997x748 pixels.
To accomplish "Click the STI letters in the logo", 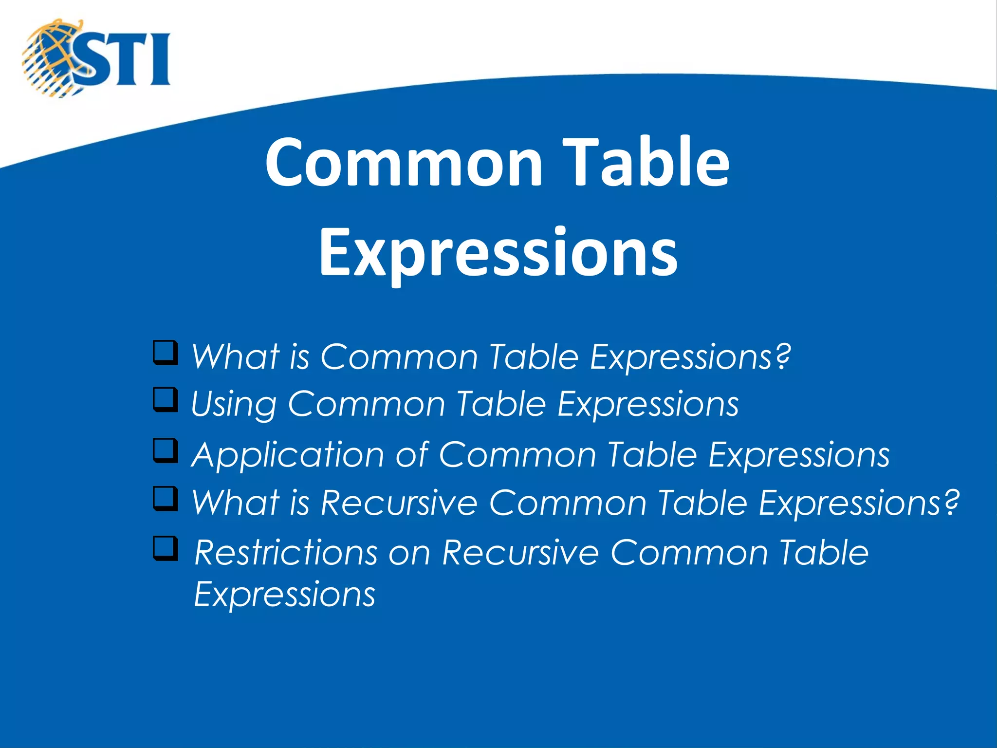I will tap(124, 59).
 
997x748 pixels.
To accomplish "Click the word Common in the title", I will tap(404, 162).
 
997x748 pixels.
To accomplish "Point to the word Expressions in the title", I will tap(498, 253).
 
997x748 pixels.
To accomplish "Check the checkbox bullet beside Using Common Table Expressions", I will tap(165, 399).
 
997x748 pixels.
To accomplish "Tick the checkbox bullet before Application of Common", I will tap(165, 450).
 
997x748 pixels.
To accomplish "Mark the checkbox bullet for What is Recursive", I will tap(165, 498).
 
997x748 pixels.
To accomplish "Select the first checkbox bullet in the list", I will tap(165, 353).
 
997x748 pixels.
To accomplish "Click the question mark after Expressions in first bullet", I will tap(782, 356).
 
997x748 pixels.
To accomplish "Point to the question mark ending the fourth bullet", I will tap(950, 502).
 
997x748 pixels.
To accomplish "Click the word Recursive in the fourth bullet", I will tap(399, 503).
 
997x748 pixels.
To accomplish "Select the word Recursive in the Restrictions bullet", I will tap(520, 553).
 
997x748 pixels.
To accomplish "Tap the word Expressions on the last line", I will tap(284, 595).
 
